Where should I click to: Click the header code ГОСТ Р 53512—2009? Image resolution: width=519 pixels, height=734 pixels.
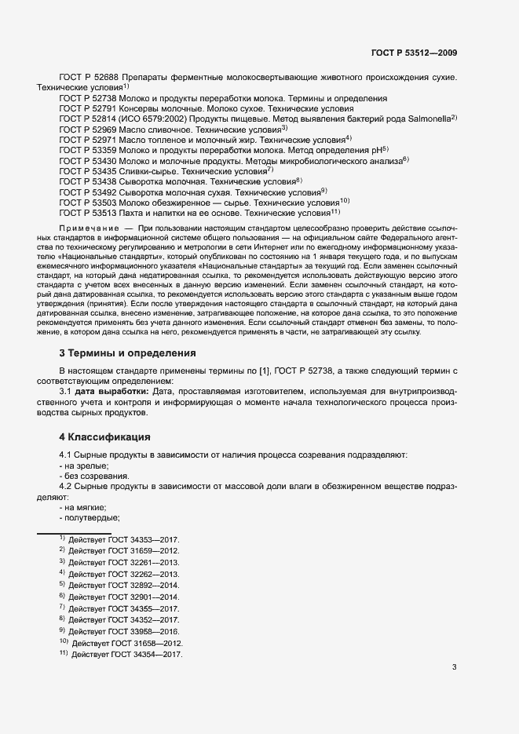pyautogui.click(x=414, y=53)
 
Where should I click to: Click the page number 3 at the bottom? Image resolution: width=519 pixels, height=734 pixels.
pyautogui.click(x=455, y=667)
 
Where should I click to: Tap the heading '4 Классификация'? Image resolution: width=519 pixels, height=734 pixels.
pyautogui.click(x=106, y=436)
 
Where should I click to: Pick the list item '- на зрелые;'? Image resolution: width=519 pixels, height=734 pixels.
pyautogui.click(x=84, y=466)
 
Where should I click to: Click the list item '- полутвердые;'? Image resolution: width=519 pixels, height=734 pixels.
pyautogui.click(x=90, y=517)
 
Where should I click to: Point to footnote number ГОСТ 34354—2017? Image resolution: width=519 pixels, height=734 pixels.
pyautogui.click(x=142, y=654)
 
